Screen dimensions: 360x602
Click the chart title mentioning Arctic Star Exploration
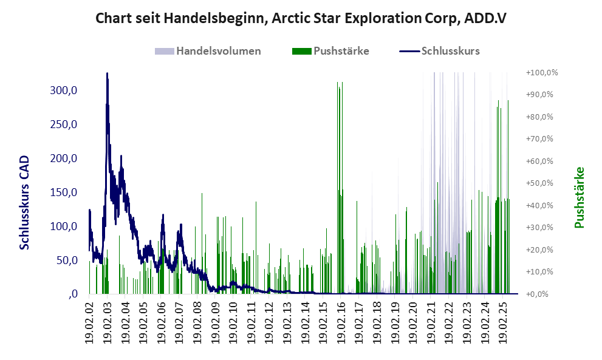(x=301, y=18)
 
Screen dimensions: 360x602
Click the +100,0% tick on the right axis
(x=542, y=73)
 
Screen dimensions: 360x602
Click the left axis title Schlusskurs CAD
(x=25, y=202)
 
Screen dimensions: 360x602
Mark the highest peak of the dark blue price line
(x=107, y=74)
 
